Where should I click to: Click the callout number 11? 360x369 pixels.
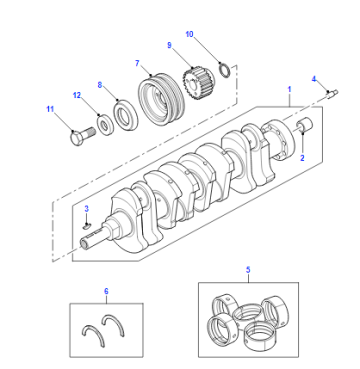[x=50, y=109]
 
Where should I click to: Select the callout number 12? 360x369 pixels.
[x=77, y=95]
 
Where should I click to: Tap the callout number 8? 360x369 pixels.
[x=100, y=85]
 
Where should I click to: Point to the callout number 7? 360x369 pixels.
[x=137, y=63]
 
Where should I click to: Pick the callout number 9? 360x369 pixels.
[x=169, y=45]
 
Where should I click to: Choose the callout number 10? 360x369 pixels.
[x=189, y=34]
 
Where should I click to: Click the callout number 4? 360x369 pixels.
[x=314, y=79]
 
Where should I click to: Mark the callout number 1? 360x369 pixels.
[x=289, y=89]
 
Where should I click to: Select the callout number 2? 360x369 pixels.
[x=302, y=158]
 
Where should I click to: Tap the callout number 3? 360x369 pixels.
[x=87, y=209]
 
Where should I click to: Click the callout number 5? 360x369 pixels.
[x=248, y=270]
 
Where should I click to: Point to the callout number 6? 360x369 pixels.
[x=106, y=291]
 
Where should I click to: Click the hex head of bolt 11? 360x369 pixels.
[x=77, y=138]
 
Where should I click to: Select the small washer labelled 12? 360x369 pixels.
[x=106, y=125]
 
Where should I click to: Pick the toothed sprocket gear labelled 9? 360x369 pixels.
[x=199, y=83]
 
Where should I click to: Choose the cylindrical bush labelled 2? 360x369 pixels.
[x=305, y=125]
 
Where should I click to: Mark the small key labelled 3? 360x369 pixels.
[x=86, y=227]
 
